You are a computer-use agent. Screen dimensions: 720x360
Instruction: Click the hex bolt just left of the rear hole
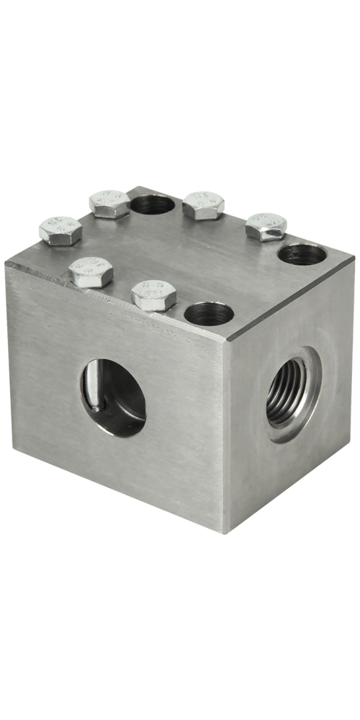click(109, 203)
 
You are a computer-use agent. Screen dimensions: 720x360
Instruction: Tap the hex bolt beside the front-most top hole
click(155, 295)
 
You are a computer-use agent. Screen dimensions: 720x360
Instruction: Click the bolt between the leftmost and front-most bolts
click(92, 271)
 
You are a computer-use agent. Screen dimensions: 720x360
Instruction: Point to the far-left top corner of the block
click(6, 263)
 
